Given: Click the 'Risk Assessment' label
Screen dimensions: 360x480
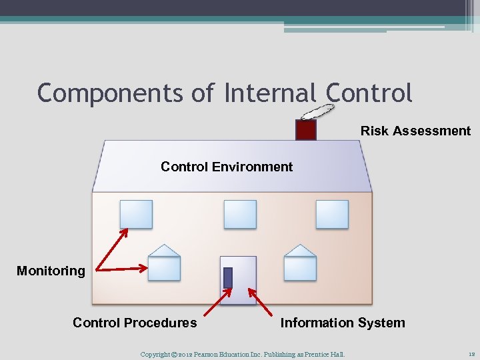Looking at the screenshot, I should coord(415,131).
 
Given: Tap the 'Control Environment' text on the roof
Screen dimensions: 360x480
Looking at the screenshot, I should coord(227,167).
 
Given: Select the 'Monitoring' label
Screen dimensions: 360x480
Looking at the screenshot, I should coord(51,271).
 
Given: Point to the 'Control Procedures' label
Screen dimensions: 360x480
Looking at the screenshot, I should coord(135,323).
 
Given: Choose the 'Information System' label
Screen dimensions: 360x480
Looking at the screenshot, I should coord(343,323).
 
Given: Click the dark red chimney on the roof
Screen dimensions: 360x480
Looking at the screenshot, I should coord(305,130).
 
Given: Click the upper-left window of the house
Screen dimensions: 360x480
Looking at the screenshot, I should coord(136,214).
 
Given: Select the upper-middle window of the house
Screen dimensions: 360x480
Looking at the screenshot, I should coord(240,214).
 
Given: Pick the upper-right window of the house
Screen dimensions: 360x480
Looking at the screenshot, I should coord(332,214).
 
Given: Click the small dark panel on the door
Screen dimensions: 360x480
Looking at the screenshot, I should coord(228,277).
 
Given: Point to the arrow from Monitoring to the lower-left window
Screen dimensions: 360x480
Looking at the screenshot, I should coord(122,269).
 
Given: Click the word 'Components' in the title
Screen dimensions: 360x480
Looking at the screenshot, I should coord(109,93).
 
